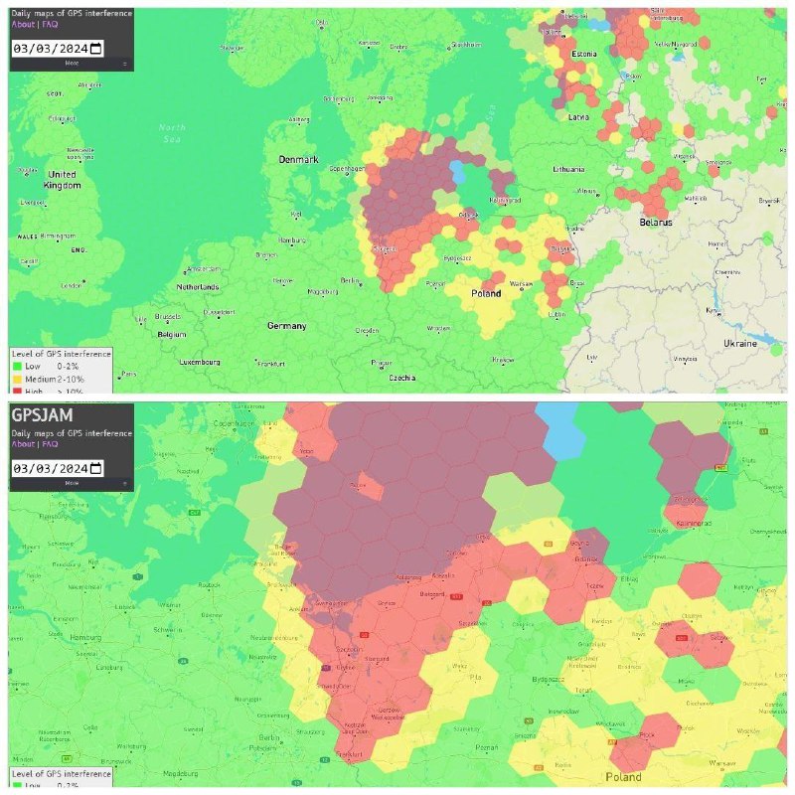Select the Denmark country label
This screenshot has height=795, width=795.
coord(298,160)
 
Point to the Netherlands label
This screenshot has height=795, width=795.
coord(197,287)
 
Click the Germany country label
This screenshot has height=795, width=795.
coord(286,326)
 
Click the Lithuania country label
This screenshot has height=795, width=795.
coord(568,170)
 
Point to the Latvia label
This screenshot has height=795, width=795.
coord(578,116)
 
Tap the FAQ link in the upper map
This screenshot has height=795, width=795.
coord(51,25)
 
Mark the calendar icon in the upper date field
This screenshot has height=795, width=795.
coord(96,48)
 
